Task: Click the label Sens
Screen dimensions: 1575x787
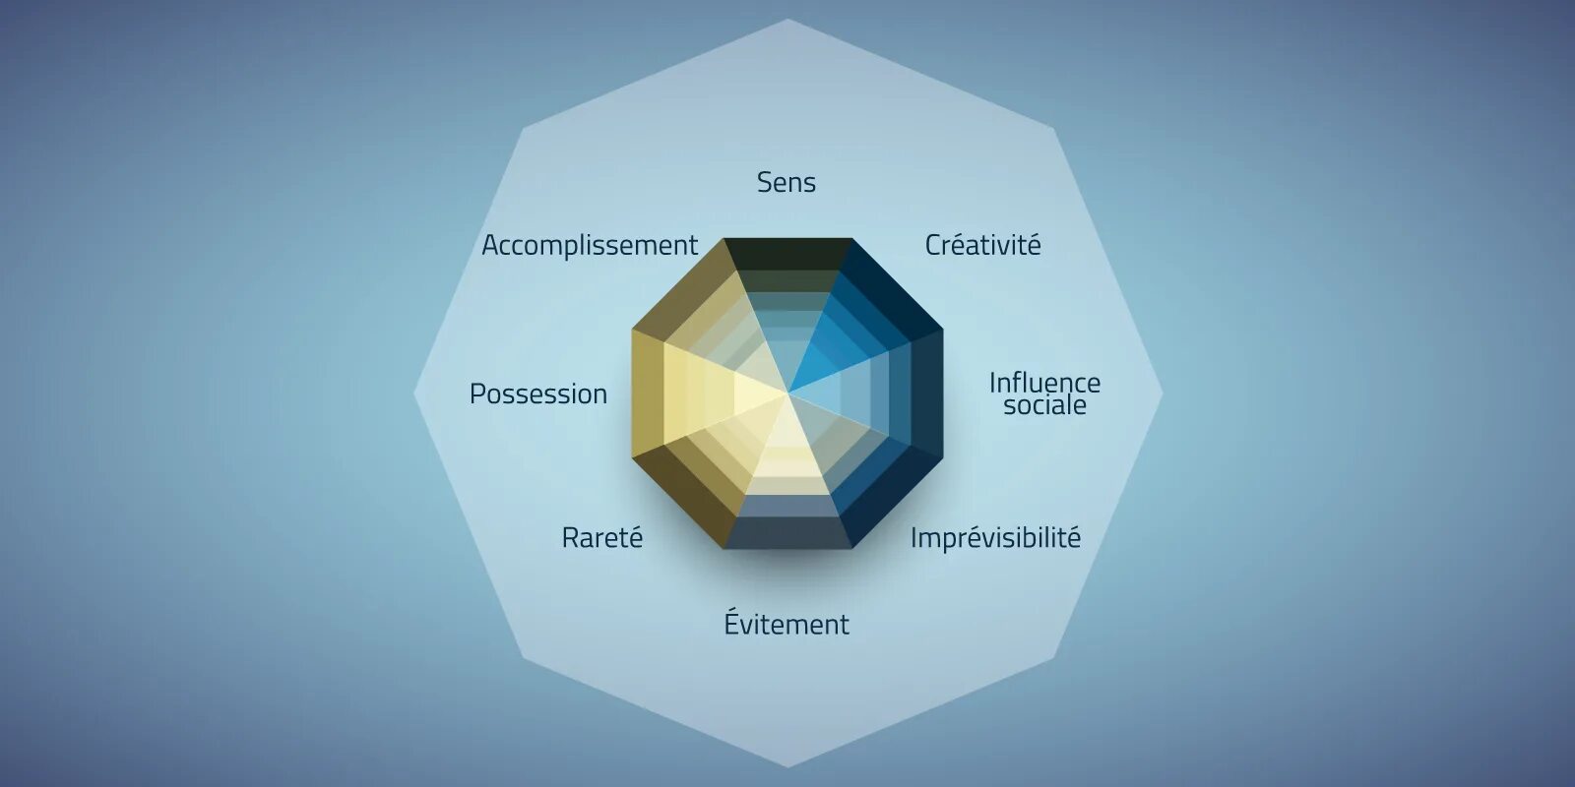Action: (x=786, y=182)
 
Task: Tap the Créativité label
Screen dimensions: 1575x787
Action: (x=982, y=245)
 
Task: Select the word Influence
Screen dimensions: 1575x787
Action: (x=1044, y=382)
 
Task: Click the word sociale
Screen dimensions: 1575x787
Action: (x=1044, y=405)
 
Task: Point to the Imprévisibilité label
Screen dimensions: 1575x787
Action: (x=995, y=538)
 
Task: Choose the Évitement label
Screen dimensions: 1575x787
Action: (x=786, y=624)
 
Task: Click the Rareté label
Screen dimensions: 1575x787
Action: (x=601, y=538)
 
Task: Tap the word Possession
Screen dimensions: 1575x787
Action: (x=537, y=393)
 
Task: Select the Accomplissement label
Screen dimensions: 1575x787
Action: (x=589, y=245)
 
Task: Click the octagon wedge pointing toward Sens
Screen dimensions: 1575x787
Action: (x=787, y=295)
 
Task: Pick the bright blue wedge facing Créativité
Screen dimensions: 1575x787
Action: (x=856, y=325)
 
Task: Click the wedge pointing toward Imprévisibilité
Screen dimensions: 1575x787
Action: (x=856, y=462)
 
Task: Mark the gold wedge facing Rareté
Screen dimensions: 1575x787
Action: (x=719, y=462)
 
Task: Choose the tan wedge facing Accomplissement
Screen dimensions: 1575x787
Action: (x=719, y=325)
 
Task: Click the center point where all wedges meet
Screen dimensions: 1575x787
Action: (x=787, y=393)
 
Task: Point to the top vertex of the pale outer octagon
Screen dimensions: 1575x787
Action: (x=787, y=20)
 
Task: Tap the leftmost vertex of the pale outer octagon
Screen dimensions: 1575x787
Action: (x=414, y=393)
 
